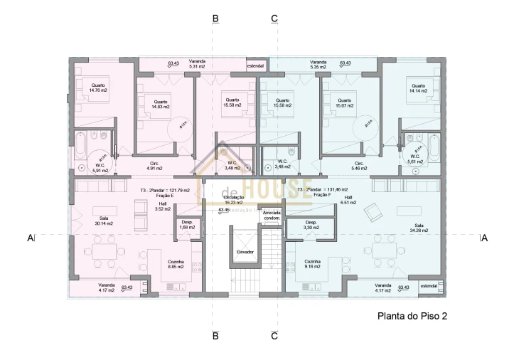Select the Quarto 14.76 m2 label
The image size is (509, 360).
click(98, 88)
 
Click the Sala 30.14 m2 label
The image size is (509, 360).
click(106, 221)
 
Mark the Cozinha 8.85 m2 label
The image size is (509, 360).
click(176, 264)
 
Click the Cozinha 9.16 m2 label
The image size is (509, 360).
click(313, 264)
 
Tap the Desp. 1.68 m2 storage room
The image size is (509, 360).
click(187, 226)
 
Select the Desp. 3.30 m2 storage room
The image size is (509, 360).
click(311, 225)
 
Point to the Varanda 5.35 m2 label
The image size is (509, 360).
click(318, 65)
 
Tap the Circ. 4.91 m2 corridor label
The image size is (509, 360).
click(155, 166)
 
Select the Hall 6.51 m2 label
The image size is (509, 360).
click(348, 201)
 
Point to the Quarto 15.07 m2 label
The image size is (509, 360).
click(345, 103)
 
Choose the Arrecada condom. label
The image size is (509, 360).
click(272, 216)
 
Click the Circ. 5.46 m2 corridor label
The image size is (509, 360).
click(359, 166)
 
